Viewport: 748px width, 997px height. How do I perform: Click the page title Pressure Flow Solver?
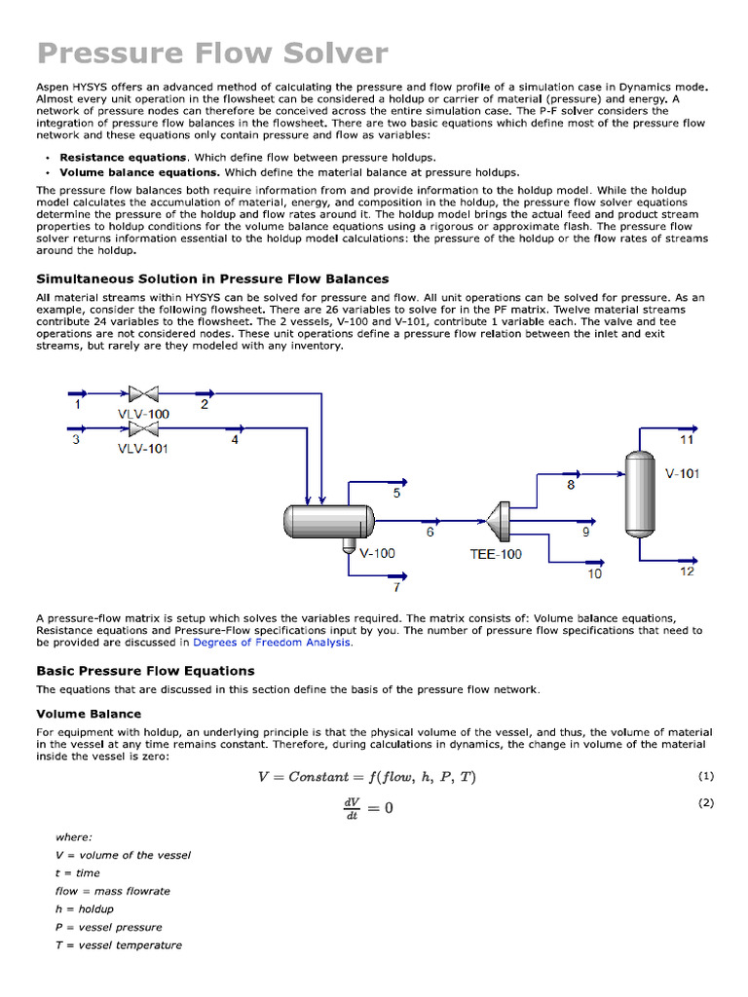(212, 53)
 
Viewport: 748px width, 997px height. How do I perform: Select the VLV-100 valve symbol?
(143, 394)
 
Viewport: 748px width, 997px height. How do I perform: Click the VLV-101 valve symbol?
(143, 428)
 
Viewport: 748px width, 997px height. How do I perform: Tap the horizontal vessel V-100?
(328, 522)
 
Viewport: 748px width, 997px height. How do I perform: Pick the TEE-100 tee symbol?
(502, 522)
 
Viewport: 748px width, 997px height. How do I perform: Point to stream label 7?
(395, 587)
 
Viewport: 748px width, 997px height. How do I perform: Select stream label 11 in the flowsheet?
(687, 440)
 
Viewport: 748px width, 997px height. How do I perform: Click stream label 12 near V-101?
(687, 572)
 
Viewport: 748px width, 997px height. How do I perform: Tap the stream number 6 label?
(430, 533)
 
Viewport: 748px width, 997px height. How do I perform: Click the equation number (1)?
(706, 776)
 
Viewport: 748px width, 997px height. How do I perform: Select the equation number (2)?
(706, 803)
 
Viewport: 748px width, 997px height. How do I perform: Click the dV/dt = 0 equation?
(367, 808)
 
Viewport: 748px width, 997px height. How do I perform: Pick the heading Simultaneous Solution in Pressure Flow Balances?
(212, 279)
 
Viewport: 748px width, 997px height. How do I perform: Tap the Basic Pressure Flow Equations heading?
(145, 671)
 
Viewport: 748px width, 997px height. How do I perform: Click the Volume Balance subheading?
(89, 714)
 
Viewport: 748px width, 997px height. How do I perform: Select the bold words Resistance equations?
(123, 157)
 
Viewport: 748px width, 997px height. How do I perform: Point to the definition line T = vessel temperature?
(118, 945)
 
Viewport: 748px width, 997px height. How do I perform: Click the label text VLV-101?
(143, 449)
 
